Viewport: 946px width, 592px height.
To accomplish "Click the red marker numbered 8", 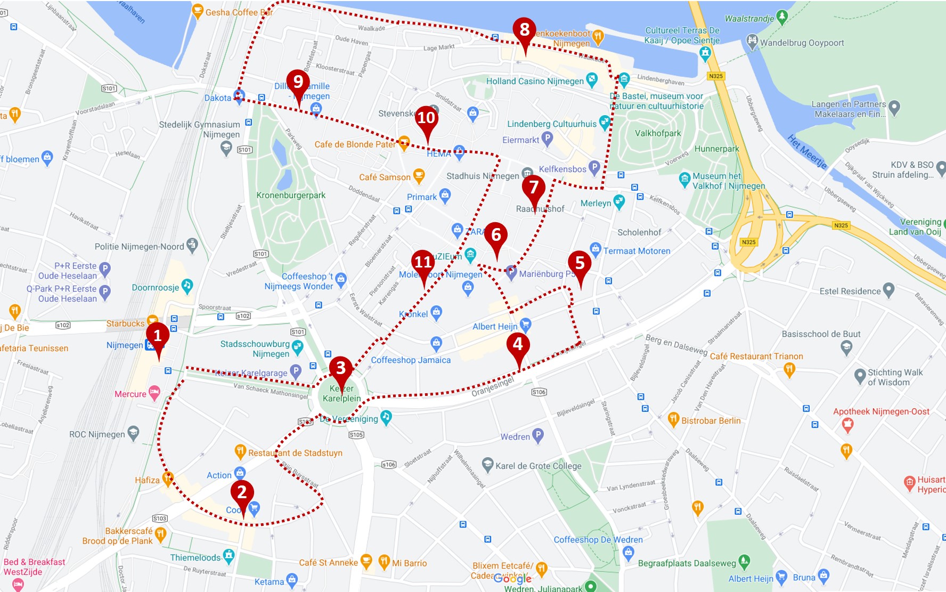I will click(x=525, y=30).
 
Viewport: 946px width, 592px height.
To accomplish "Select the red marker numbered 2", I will click(x=242, y=492).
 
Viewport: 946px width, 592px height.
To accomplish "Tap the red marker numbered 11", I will click(x=423, y=262).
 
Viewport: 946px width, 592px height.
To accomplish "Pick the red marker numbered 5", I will click(x=580, y=263).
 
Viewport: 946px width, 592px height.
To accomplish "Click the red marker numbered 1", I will click(x=157, y=336).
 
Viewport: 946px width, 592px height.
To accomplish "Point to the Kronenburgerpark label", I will click(x=291, y=196).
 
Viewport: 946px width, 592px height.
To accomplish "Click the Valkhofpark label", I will click(x=658, y=133).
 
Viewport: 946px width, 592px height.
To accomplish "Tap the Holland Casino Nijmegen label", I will click(x=535, y=81).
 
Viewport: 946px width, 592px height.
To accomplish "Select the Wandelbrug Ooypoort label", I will click(x=802, y=43).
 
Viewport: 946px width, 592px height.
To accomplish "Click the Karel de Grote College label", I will click(x=538, y=466).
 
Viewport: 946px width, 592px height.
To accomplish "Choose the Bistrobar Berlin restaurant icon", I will click(x=673, y=419).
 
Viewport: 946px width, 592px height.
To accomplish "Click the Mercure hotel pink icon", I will click(x=154, y=393).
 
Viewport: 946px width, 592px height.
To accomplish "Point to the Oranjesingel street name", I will click(x=493, y=387).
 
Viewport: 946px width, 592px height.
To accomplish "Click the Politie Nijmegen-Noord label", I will click(x=139, y=247).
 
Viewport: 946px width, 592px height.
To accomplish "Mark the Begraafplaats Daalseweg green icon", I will click(x=744, y=561).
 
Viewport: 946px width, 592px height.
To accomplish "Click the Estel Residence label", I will click(x=850, y=291).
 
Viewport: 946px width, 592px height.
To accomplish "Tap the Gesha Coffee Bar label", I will click(x=239, y=12).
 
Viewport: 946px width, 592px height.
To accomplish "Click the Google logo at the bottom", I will click(x=512, y=579).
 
